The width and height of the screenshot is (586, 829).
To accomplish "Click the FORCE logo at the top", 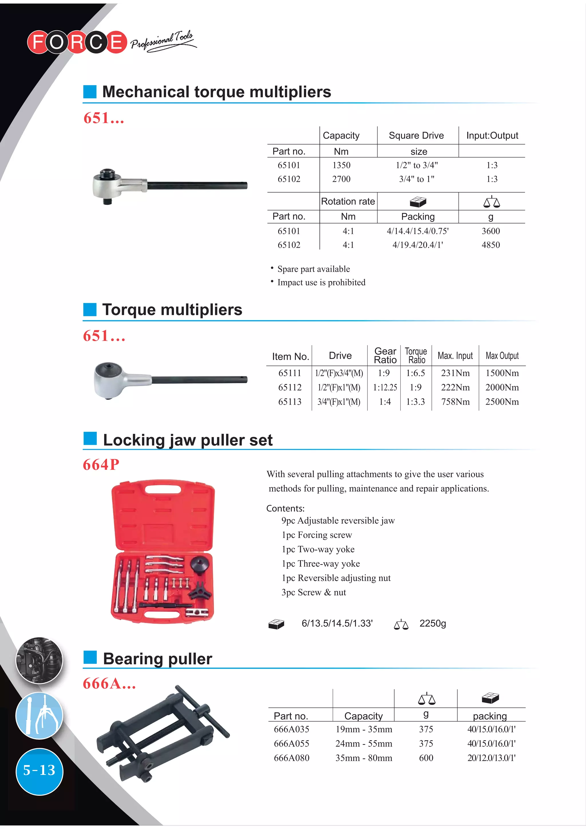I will coord(77,42).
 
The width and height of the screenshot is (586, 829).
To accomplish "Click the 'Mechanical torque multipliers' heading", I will coord(217,92).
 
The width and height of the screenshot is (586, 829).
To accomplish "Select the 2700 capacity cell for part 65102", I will coord(341,179).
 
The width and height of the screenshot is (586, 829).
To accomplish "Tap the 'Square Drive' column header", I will coord(416,135).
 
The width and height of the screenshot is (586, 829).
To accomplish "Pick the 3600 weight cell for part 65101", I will coord(491,231).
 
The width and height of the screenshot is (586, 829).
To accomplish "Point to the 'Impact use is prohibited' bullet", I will coord(321,282).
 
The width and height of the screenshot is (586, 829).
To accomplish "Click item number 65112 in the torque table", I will coord(290,387).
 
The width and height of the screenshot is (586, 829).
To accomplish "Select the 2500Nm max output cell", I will coord(502,402).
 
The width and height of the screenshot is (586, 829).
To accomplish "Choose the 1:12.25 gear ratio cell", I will coord(385,387).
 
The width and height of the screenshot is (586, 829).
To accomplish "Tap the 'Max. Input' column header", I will coord(455,356).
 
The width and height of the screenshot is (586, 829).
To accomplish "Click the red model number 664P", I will coord(101,465).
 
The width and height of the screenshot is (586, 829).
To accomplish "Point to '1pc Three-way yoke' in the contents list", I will coord(321,564).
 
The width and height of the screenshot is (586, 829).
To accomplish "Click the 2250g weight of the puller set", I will coord(433,624).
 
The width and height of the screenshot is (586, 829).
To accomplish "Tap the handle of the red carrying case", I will coord(163,490).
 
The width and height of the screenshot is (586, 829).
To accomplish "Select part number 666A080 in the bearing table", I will coord(291,758).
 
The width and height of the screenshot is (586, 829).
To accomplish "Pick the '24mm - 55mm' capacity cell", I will coord(364,743).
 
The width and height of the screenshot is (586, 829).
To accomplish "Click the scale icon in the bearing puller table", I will coord(426,699).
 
